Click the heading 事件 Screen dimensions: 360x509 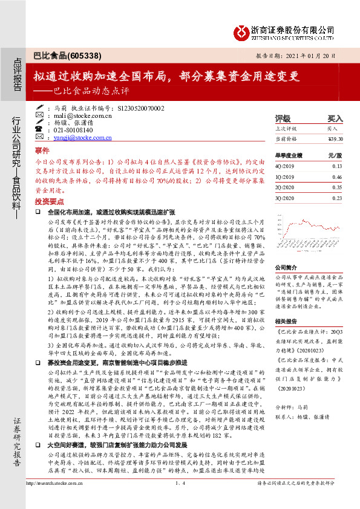(x=42, y=150)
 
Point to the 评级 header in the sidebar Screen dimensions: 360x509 (x=283, y=118)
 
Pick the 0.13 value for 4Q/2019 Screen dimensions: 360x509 (x=337, y=165)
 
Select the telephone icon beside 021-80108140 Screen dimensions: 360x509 (x=39, y=130)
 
